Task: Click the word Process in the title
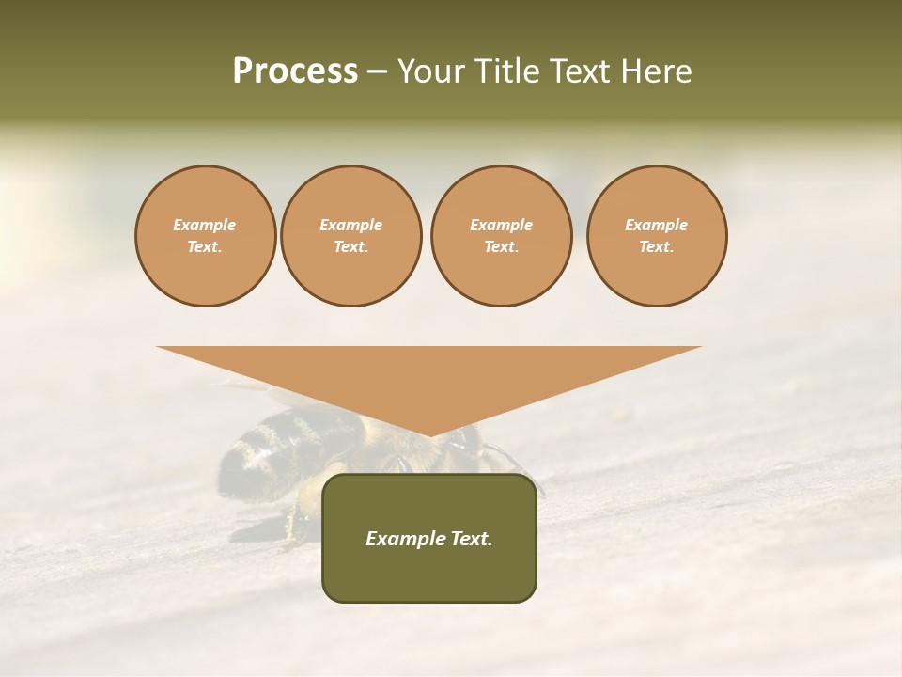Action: (295, 71)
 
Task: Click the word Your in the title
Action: (430, 71)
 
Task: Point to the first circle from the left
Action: (205, 236)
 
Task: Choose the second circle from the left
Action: (351, 236)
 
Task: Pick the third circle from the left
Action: (501, 236)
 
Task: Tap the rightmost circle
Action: (657, 236)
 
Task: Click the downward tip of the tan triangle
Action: (429, 434)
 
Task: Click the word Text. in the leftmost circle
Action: (205, 247)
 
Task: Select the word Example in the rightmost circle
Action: (657, 225)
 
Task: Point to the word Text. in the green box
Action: (470, 539)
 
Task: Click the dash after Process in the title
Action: (377, 71)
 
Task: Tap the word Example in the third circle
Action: (501, 225)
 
